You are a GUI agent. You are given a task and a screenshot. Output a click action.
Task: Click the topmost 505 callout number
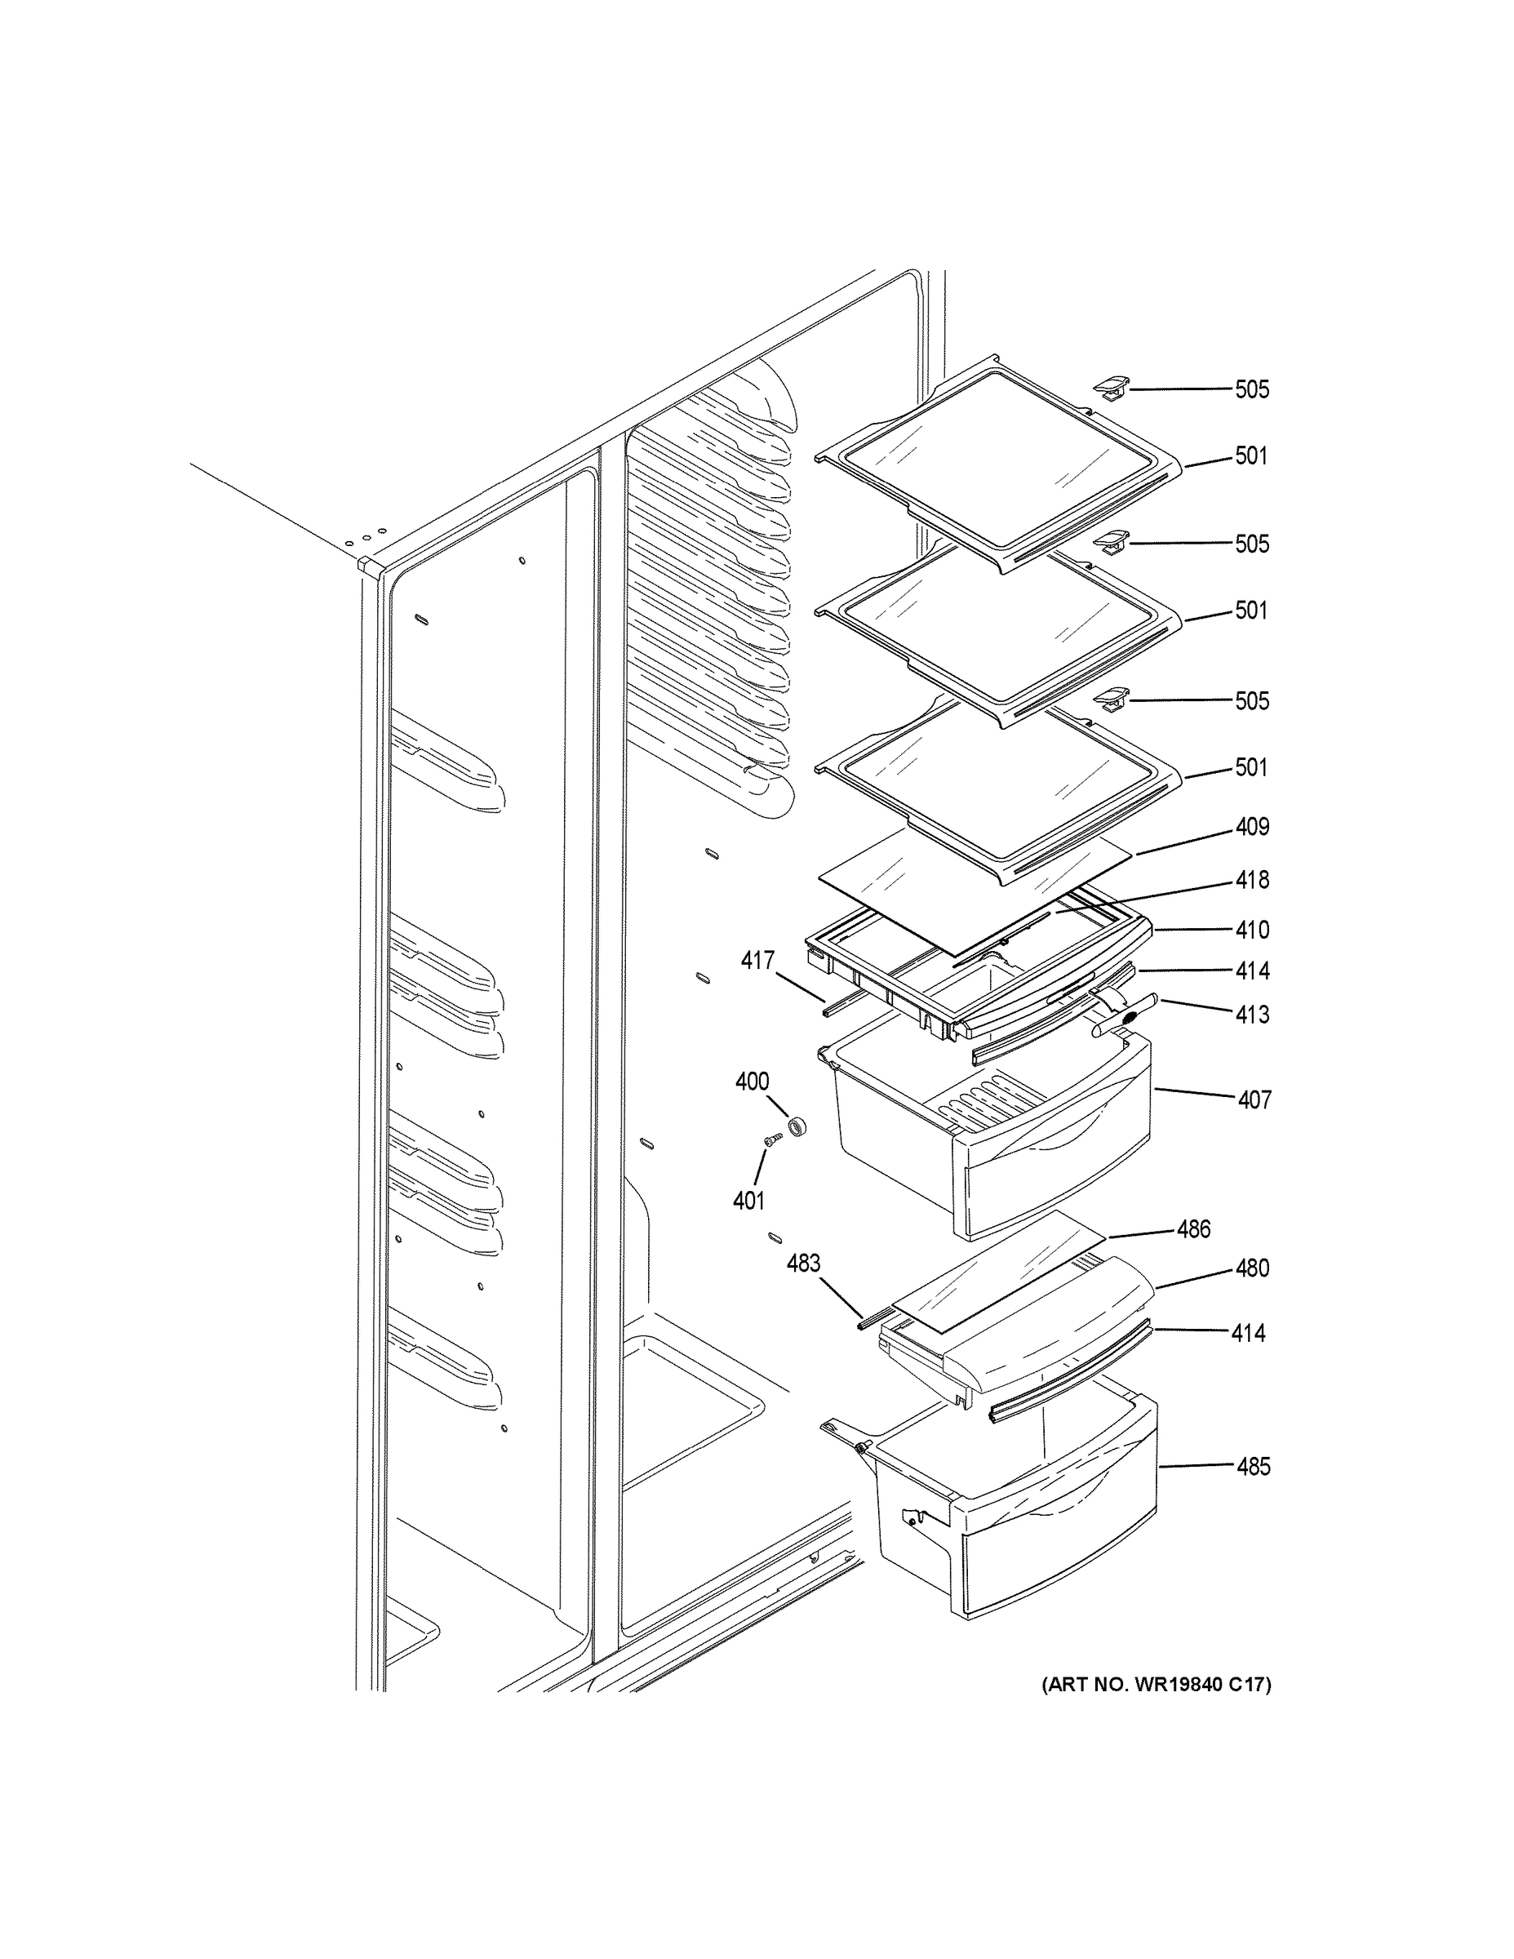pyautogui.click(x=1251, y=389)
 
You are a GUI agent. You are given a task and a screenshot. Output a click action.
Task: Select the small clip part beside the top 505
pyautogui.click(x=1110, y=388)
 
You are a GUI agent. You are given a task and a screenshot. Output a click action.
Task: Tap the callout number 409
pyautogui.click(x=1251, y=826)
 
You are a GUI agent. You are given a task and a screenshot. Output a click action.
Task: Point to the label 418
pyautogui.click(x=1251, y=880)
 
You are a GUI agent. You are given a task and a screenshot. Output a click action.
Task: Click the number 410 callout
pyautogui.click(x=1251, y=931)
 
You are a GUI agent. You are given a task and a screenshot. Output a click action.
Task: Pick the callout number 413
pyautogui.click(x=1251, y=1015)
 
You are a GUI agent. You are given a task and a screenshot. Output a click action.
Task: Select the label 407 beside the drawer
pyautogui.click(x=1254, y=1099)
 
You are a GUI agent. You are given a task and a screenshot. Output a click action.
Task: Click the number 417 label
pyautogui.click(x=757, y=961)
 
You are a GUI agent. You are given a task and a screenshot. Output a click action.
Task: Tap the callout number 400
pyautogui.click(x=752, y=1082)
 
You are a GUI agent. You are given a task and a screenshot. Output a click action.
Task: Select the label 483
pyautogui.click(x=803, y=1264)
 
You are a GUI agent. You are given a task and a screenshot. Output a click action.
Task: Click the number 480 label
pyautogui.click(x=1251, y=1268)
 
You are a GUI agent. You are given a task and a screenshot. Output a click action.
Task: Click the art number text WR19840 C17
pyautogui.click(x=1157, y=1686)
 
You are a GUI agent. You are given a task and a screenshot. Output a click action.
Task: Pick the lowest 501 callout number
pyautogui.click(x=1251, y=768)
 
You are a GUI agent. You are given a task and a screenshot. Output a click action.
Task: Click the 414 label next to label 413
pyautogui.click(x=1251, y=971)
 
